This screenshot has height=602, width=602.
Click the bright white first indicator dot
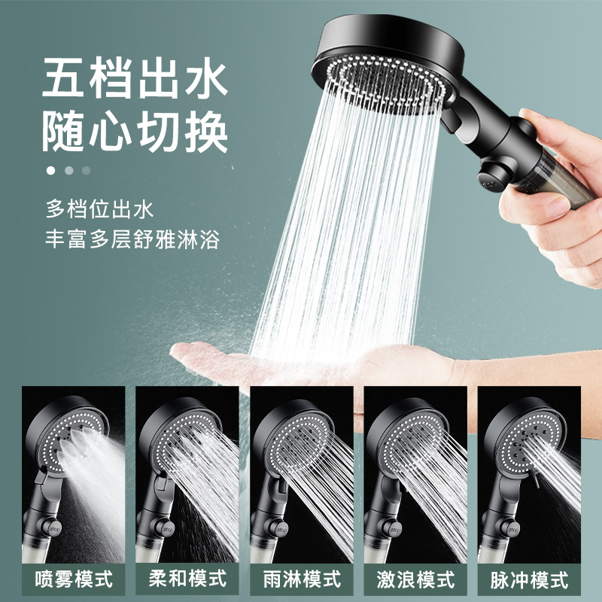[x=51, y=170]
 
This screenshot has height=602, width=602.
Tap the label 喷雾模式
[x=74, y=579]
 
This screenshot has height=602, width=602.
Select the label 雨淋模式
[x=302, y=579]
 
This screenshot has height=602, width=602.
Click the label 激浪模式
[x=415, y=579]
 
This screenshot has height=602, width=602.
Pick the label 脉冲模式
[x=529, y=579]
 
